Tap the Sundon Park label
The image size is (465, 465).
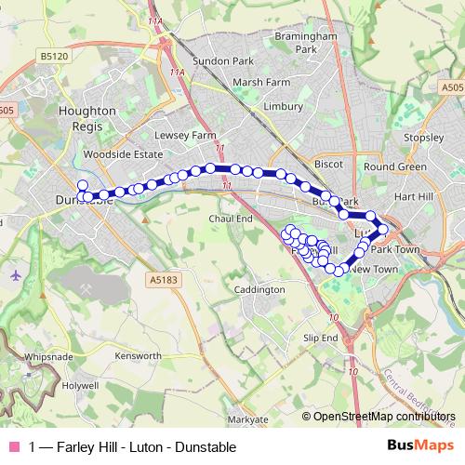pos(229,60)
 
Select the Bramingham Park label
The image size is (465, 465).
pos(305,43)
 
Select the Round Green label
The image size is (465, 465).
pos(395,166)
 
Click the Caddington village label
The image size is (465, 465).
pos(259,290)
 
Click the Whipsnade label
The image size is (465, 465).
pos(48,356)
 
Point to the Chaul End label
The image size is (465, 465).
pos(231,218)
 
